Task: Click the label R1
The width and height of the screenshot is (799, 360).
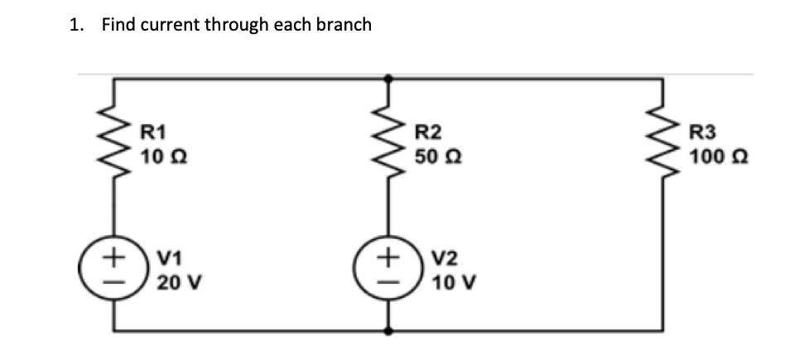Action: pyautogui.click(x=154, y=130)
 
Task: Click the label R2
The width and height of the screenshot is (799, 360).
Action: pyautogui.click(x=428, y=130)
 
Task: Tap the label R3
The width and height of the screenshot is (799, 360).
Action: pyautogui.click(x=703, y=130)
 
